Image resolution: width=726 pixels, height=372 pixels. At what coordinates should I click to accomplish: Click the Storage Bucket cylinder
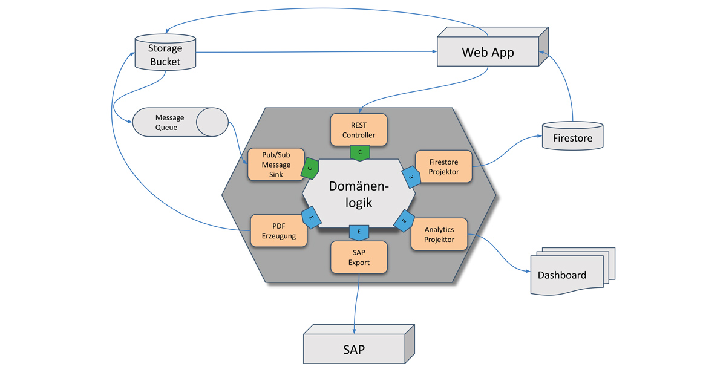tap(165, 53)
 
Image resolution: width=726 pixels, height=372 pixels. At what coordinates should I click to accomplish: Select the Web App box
tap(488, 52)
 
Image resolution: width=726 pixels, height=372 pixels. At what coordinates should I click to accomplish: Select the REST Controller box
tap(359, 130)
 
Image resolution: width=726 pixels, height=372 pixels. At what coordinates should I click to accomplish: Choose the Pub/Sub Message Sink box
tap(276, 165)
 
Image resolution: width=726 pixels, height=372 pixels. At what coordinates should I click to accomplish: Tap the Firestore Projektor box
tap(443, 167)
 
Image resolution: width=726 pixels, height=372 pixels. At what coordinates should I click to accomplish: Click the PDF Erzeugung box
tap(279, 231)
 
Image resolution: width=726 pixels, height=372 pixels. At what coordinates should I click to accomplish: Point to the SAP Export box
tap(359, 258)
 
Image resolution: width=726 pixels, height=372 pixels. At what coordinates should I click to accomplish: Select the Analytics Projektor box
tap(439, 235)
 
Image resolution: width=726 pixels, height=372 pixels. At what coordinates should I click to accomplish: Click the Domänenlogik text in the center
tap(359, 194)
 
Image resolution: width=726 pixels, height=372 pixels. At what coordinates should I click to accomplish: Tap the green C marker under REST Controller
tap(359, 152)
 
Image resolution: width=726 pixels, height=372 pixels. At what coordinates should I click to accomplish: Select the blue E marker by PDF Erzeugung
tap(311, 218)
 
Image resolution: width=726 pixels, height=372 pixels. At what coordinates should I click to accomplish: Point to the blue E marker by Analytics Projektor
tap(404, 222)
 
